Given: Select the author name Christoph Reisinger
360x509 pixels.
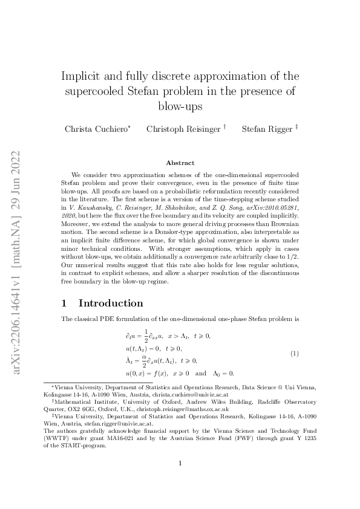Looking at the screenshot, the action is pyautogui.click(x=183, y=129).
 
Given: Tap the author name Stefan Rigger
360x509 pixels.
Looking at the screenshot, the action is pyautogui.click(x=263, y=129).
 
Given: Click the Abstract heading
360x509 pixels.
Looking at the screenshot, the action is pyautogui.click(x=180, y=163).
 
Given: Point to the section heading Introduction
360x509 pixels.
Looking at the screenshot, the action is pyautogui.click(x=111, y=303).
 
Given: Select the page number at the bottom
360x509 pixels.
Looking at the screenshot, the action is pyautogui.click(x=180, y=480).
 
